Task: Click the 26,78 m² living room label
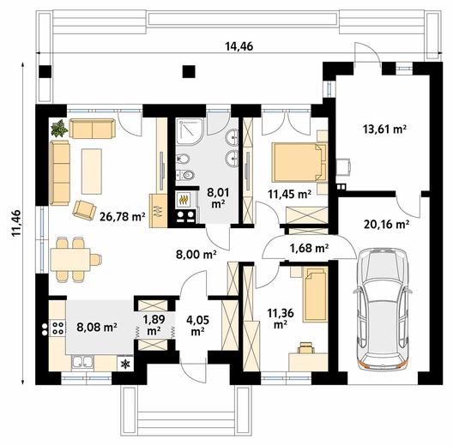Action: (x=122, y=216)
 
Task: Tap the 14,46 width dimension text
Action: (x=239, y=46)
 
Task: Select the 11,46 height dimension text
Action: (x=16, y=223)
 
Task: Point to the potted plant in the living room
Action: (x=59, y=128)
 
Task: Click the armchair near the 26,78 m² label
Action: (x=84, y=210)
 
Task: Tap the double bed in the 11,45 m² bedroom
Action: (x=299, y=162)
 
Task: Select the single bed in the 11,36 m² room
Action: (x=315, y=295)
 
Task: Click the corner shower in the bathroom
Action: (x=190, y=131)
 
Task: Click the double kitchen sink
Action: (x=82, y=363)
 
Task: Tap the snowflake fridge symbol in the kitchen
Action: (x=125, y=364)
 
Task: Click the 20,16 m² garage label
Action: (x=386, y=224)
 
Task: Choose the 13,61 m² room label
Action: (x=385, y=129)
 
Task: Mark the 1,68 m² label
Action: (x=309, y=248)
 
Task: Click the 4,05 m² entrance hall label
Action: (x=197, y=326)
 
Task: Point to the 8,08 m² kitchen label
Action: (x=96, y=327)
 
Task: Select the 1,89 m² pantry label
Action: (x=154, y=325)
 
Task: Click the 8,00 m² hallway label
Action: (x=196, y=255)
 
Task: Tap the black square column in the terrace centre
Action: (x=189, y=72)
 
